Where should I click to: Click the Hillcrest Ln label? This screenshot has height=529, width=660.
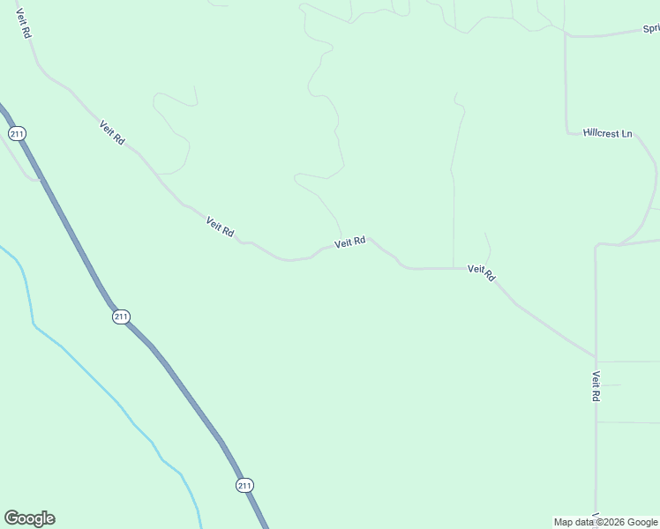(608, 134)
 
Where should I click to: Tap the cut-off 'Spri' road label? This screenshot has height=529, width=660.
(651, 29)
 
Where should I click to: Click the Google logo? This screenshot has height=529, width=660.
(29, 518)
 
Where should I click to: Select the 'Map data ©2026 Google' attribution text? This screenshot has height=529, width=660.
(606, 522)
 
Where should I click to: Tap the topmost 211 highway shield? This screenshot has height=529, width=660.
(17, 133)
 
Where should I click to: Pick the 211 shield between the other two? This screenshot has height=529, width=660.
(121, 317)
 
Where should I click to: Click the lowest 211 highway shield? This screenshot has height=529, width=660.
(244, 485)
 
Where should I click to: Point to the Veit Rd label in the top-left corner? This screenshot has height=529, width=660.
(24, 24)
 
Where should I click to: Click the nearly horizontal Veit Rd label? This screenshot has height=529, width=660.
(350, 242)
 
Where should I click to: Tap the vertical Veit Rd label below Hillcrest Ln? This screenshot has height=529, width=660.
(596, 386)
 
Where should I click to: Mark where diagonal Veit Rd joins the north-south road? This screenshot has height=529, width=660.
(596, 358)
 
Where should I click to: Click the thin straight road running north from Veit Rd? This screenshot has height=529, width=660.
(454, 212)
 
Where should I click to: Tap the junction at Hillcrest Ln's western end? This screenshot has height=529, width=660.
(566, 132)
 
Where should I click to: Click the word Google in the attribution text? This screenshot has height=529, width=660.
(642, 522)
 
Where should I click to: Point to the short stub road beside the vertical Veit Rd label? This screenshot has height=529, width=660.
(612, 384)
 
